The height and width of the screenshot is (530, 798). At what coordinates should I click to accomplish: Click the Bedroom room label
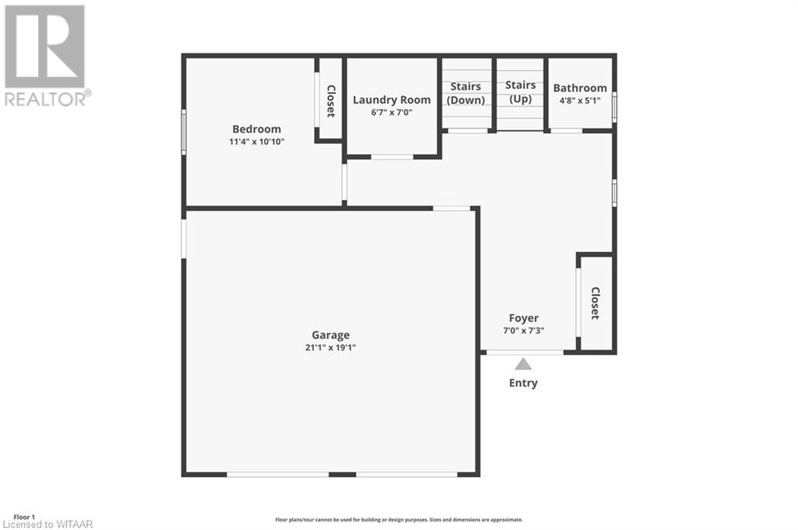(x=256, y=129)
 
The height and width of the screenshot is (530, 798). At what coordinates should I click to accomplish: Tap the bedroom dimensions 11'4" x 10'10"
(x=256, y=142)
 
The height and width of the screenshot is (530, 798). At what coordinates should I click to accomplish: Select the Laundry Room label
(x=391, y=100)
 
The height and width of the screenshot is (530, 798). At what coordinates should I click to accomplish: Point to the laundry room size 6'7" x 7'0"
(x=391, y=112)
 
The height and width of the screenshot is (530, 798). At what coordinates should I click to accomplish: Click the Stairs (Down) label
(x=466, y=93)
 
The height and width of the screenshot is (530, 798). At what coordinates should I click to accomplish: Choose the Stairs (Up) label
(x=521, y=92)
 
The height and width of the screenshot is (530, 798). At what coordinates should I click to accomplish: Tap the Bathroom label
(x=580, y=88)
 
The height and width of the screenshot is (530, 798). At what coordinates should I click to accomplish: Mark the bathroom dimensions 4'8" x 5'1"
(x=580, y=100)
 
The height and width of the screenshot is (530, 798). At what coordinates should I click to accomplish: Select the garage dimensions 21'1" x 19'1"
(x=330, y=348)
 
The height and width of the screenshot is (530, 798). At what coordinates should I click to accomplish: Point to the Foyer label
(x=524, y=318)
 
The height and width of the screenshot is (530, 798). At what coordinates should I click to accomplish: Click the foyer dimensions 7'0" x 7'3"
(x=524, y=330)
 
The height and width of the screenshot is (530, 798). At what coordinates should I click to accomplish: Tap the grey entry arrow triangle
(x=523, y=363)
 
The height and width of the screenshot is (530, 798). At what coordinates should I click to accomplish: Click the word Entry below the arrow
(x=523, y=383)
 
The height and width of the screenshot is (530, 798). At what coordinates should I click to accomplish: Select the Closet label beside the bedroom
(x=330, y=101)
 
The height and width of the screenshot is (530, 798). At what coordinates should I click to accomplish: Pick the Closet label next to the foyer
(x=595, y=304)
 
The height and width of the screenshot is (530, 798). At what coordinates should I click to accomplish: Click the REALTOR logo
(x=46, y=55)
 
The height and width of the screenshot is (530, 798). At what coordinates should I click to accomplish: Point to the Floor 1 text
(x=25, y=517)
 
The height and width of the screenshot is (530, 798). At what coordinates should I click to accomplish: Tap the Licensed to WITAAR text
(x=48, y=525)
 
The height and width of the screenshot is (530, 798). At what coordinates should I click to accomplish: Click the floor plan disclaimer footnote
(x=398, y=520)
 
